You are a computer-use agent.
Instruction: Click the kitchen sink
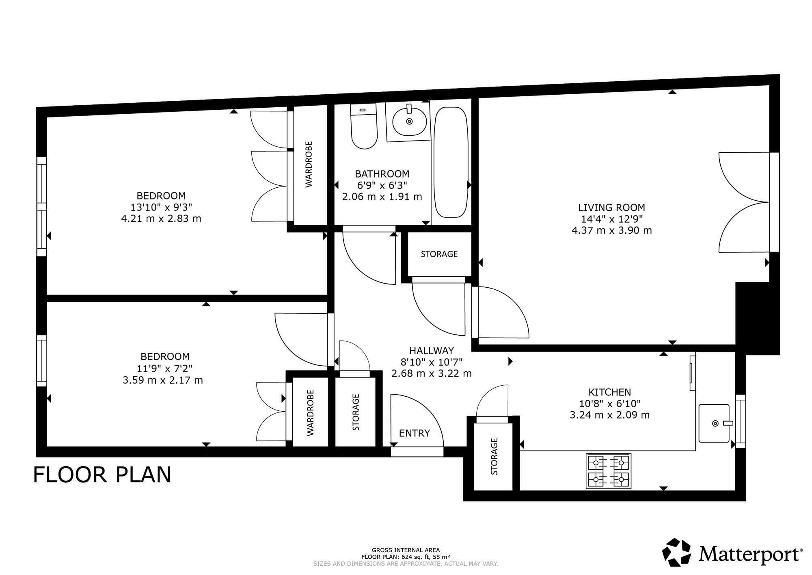(715, 423)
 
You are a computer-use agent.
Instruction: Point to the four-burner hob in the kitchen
(609, 471)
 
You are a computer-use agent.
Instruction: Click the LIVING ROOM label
(611, 208)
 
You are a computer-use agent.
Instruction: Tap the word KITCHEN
(609, 392)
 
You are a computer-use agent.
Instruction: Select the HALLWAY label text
(431, 351)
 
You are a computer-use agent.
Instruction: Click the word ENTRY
(414, 433)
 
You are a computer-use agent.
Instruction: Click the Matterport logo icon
(677, 552)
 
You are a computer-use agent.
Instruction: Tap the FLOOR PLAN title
(102, 475)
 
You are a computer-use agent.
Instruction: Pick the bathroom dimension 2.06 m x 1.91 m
(382, 197)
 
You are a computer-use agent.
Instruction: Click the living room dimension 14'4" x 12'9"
(611, 219)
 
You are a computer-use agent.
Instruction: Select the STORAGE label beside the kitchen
(494, 456)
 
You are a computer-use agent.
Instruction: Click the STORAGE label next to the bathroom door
(439, 254)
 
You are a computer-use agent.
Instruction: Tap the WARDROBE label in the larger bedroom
(309, 164)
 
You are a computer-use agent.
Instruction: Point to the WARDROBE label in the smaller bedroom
(311, 413)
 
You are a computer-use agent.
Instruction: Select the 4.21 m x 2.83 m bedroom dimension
(161, 219)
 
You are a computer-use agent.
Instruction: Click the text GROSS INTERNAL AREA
(406, 550)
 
